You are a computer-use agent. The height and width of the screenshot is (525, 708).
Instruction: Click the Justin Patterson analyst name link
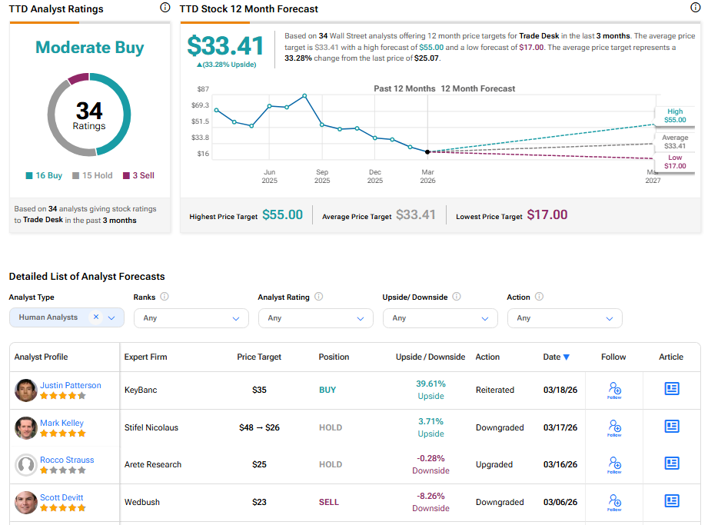tap(70, 385)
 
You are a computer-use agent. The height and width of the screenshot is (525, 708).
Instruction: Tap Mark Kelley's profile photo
tap(26, 427)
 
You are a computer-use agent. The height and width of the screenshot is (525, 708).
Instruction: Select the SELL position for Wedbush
tap(328, 502)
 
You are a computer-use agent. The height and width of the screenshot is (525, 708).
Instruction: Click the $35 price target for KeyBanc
tap(259, 390)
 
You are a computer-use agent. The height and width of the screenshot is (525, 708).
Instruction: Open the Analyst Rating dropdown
tap(315, 318)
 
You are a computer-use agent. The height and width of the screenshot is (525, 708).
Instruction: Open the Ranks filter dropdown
tap(191, 318)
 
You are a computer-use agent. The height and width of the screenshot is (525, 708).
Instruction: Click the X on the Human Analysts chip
tap(96, 317)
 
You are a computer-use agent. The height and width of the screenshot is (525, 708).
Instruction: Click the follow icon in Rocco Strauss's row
tap(614, 464)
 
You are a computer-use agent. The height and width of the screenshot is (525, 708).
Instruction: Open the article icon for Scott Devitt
tap(672, 502)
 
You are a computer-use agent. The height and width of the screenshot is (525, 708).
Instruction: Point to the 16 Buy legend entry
tap(44, 175)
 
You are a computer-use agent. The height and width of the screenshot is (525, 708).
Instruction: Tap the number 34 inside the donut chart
tap(89, 111)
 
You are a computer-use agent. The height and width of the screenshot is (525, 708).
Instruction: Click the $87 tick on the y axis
tap(203, 90)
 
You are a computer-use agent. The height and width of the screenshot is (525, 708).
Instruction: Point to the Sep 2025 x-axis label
tap(322, 177)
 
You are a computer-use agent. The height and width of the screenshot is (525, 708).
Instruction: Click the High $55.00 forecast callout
tap(675, 116)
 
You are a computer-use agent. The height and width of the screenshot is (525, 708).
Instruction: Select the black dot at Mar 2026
tap(427, 151)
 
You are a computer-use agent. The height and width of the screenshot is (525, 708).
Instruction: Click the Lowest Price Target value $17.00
tap(547, 215)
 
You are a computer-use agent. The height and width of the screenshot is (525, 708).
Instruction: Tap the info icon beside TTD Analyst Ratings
tap(165, 8)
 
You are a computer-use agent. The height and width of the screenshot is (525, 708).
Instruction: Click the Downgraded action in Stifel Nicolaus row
tap(500, 427)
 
